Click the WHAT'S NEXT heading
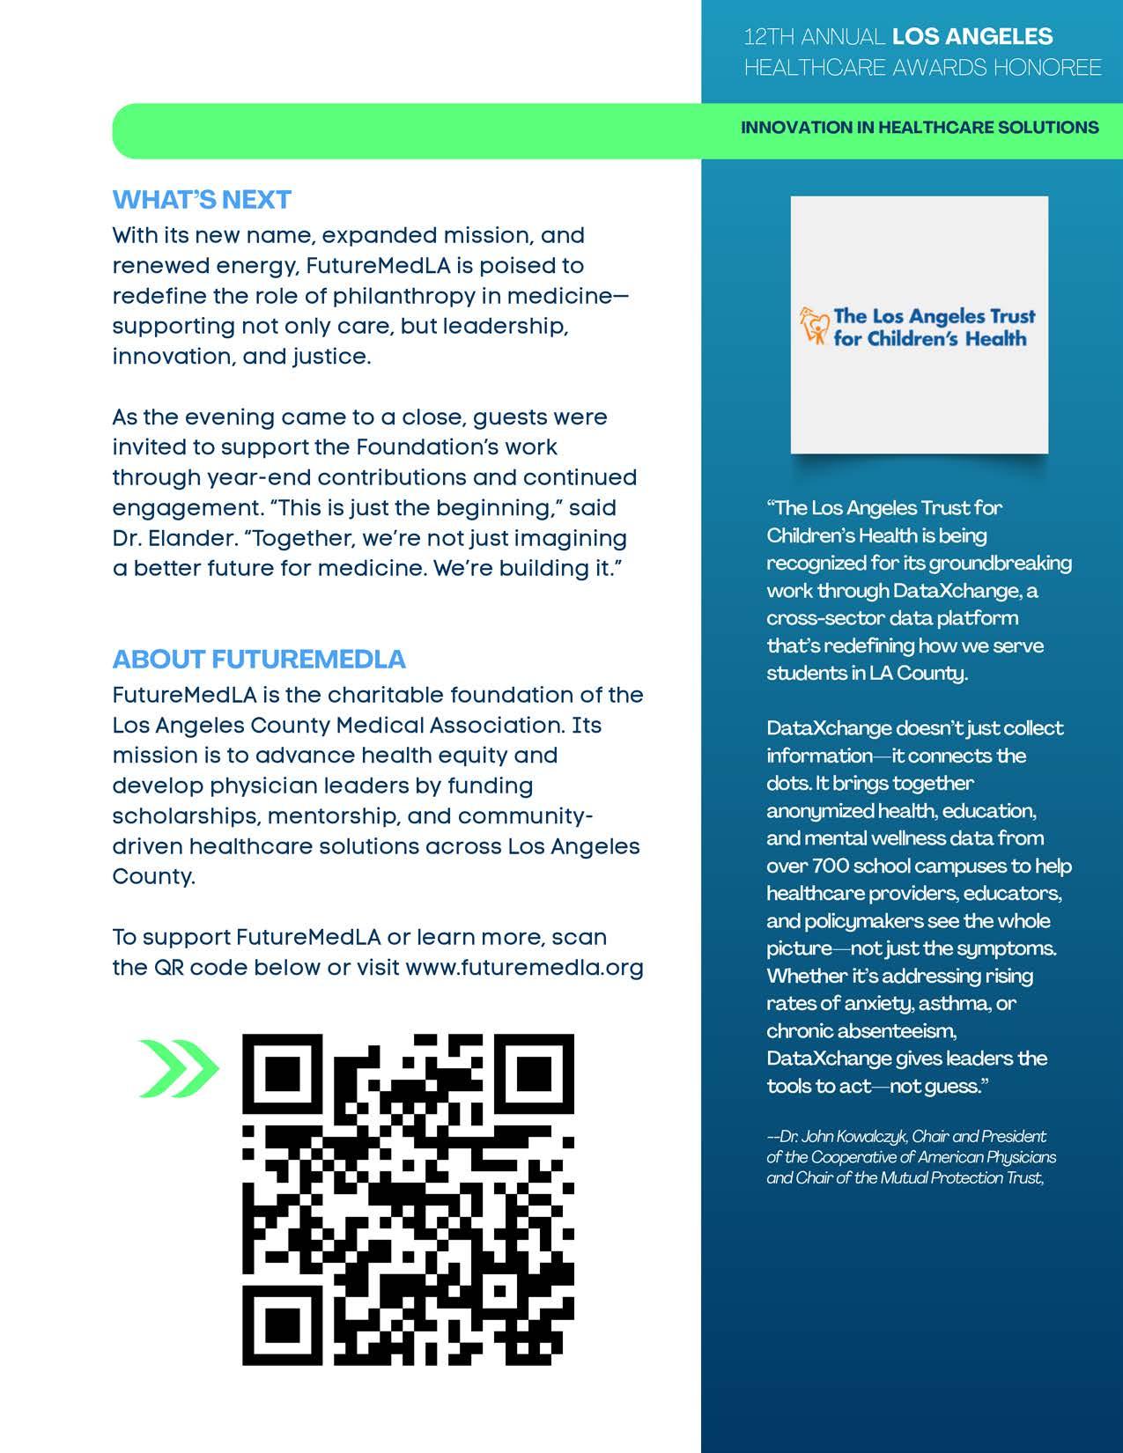[x=202, y=200]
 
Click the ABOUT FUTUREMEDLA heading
[x=259, y=660]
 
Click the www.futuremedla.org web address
[x=524, y=968]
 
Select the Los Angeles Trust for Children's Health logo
[x=919, y=327]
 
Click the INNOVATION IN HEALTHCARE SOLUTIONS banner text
[x=920, y=128]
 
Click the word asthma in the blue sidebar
[x=956, y=1003]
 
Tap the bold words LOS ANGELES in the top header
[x=972, y=37]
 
